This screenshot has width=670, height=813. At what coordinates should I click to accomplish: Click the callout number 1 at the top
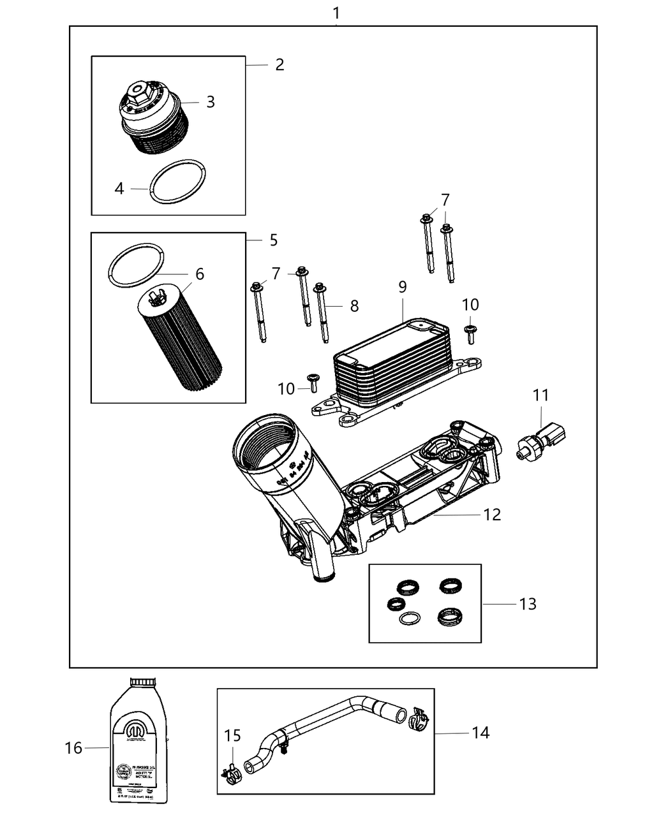(x=336, y=12)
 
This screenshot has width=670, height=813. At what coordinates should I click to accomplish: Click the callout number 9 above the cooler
(x=403, y=287)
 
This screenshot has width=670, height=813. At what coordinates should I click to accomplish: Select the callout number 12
(x=492, y=514)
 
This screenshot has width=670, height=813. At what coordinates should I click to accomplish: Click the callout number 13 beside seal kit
(x=528, y=603)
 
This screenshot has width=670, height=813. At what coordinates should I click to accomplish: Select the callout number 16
(x=73, y=748)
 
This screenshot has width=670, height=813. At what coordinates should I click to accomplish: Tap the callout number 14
(x=480, y=733)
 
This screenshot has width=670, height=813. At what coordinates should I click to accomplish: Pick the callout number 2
(x=279, y=64)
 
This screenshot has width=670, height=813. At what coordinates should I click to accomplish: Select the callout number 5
(x=273, y=240)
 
